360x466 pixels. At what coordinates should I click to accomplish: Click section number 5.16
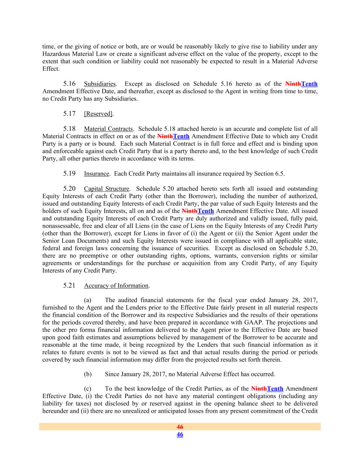tap(69, 84)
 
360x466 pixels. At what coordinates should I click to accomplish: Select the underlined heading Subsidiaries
tap(100, 84)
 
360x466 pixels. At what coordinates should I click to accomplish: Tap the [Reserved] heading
tap(98, 114)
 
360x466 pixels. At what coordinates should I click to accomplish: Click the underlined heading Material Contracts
tap(108, 129)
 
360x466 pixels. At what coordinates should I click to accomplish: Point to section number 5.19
tap(69, 173)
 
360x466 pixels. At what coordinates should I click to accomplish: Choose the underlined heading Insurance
tap(97, 174)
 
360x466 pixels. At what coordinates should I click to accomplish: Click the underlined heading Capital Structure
tap(106, 189)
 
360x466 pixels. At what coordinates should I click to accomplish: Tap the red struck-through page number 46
tap(180, 427)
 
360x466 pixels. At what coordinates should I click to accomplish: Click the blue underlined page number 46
tap(180, 434)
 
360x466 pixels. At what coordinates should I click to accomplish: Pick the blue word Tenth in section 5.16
tap(309, 84)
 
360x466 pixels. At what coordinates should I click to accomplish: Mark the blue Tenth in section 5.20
tap(206, 211)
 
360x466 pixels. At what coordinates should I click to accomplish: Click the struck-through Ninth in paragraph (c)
tap(259, 389)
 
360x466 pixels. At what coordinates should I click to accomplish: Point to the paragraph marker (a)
tap(88, 300)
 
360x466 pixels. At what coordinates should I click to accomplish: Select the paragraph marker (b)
tap(88, 374)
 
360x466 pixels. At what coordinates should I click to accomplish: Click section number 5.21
tap(69, 285)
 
